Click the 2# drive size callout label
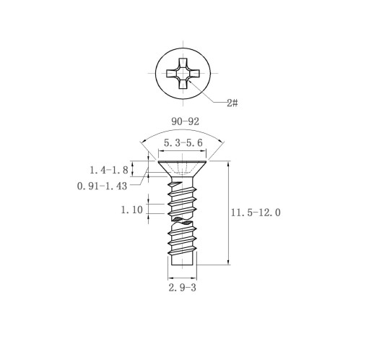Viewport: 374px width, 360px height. pos(232,103)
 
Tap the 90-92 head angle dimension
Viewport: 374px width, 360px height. pos(185,121)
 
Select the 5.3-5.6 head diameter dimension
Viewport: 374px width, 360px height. pos(183,143)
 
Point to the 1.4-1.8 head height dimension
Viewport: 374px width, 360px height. pos(109,170)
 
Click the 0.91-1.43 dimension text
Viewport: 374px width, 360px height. pos(102,186)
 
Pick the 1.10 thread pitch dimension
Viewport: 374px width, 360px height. pos(131,210)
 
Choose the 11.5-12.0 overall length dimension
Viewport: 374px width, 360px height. pos(256,213)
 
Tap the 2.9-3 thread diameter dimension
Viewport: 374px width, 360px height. pos(182,288)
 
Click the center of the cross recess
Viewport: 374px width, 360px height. pos(183,73)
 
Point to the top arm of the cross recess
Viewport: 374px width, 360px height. pos(183,64)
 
